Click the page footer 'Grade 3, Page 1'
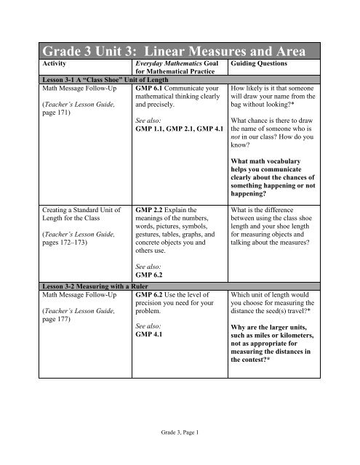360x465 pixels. pyautogui.click(x=180, y=432)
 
